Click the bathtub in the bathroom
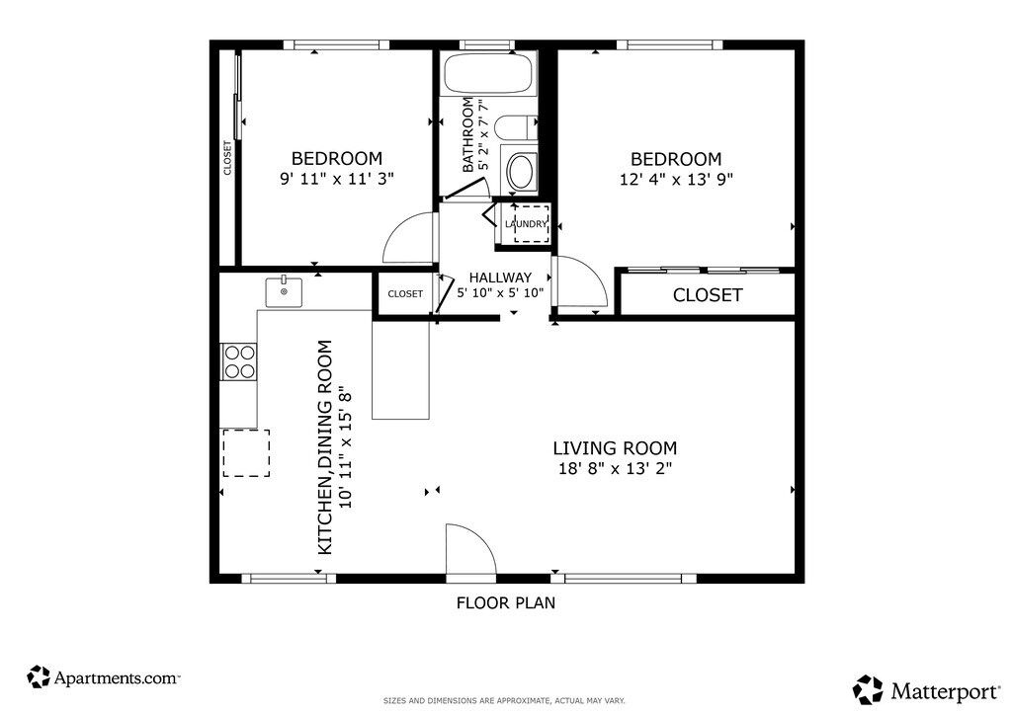pos(487,73)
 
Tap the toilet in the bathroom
pos(518,127)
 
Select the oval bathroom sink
pos(520,171)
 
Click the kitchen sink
pos(284,292)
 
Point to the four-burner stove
pos(239,361)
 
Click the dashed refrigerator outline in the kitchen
pos(246,453)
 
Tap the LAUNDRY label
pos(526,224)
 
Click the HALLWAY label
pos(500,278)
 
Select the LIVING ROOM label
pos(615,448)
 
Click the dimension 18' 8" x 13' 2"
pos(615,469)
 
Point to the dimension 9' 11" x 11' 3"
pos(337,179)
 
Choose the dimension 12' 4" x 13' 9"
pos(676,179)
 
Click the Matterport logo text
pos(946,692)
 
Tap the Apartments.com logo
pos(103,677)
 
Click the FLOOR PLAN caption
pos(506,602)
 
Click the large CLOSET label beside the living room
pos(708,295)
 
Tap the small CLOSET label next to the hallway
pos(405,294)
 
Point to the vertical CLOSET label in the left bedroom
pos(227,158)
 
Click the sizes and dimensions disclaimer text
pos(504,701)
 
